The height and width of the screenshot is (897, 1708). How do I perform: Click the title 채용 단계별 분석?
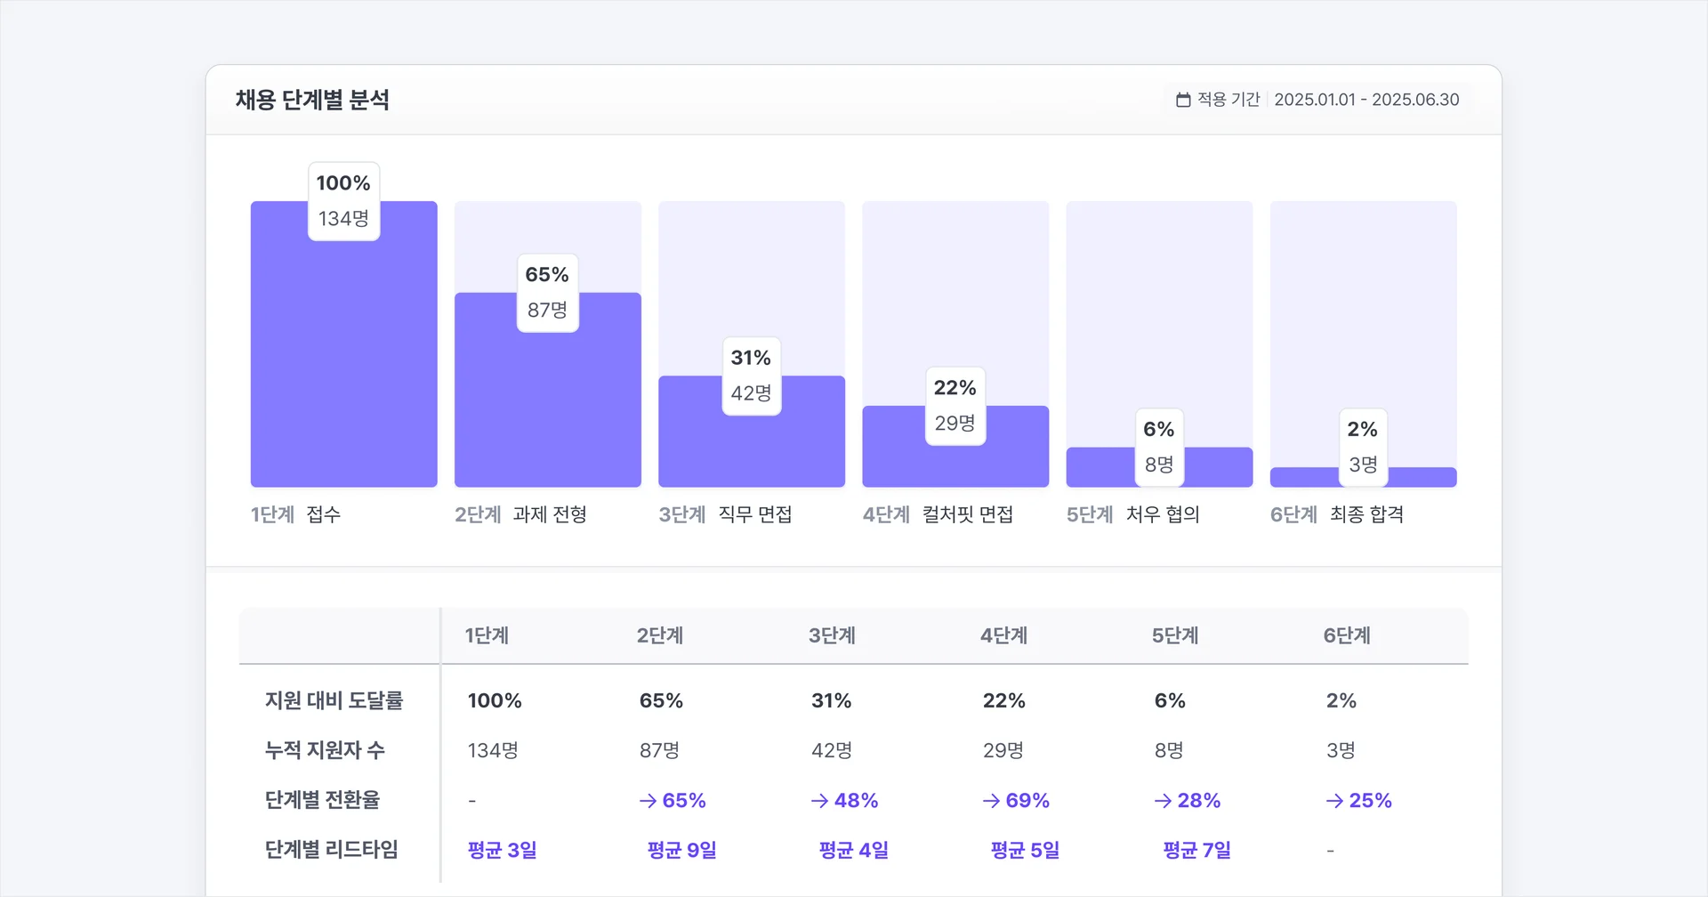312,100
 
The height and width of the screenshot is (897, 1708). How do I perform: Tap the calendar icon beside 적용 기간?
1183,100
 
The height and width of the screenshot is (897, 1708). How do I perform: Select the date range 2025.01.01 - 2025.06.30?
1366,100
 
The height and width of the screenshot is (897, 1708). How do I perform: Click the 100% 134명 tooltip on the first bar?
343,201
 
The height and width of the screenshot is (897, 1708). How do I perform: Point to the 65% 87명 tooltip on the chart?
547,293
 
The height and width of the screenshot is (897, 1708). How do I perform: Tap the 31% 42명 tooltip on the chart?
751,376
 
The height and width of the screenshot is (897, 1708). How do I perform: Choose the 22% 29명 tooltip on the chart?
955,406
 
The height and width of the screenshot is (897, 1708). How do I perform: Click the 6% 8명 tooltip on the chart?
1158,447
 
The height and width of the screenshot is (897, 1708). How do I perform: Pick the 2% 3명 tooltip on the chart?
1362,447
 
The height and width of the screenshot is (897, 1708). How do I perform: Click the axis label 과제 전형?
550,514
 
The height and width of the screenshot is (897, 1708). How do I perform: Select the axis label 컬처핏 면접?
968,514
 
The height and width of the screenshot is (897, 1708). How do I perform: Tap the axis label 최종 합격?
1366,514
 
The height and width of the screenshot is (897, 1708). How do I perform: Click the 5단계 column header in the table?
1175,635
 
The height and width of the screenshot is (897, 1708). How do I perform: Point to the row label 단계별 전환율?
322,800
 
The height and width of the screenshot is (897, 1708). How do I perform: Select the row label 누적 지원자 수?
325,750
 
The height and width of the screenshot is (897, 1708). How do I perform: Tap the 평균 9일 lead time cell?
681,850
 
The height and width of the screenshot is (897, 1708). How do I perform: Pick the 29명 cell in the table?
1003,750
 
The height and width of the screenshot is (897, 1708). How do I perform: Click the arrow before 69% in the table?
991,801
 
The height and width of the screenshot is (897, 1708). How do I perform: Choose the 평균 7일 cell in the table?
1196,850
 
